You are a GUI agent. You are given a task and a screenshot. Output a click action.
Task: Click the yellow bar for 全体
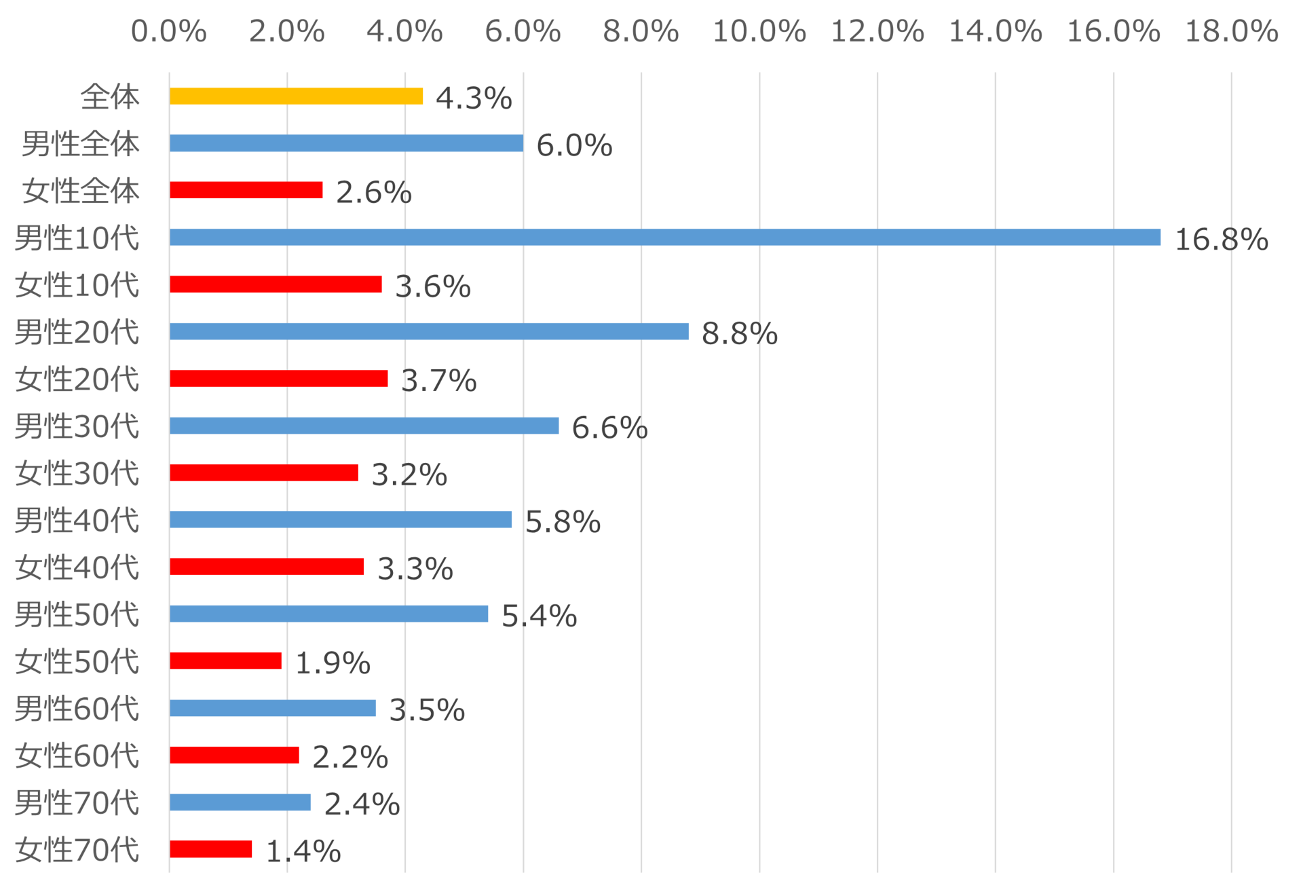click(x=296, y=96)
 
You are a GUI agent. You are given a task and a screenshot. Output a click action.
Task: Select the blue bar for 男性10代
click(x=665, y=238)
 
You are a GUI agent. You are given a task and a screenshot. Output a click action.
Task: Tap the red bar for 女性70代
click(x=211, y=849)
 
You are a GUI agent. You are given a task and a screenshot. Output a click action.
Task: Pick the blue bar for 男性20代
click(x=429, y=332)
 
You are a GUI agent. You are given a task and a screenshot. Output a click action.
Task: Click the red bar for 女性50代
click(x=225, y=660)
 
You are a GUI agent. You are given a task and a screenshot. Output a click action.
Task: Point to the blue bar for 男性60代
click(x=273, y=708)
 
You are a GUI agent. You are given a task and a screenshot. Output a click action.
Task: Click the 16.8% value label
click(x=1221, y=240)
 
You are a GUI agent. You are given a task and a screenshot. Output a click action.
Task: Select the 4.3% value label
click(x=473, y=98)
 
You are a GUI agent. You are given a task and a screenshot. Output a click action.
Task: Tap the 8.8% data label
click(x=739, y=334)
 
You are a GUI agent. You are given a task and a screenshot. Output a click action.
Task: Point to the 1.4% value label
click(x=303, y=851)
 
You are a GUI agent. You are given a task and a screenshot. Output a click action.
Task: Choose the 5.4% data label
click(x=539, y=616)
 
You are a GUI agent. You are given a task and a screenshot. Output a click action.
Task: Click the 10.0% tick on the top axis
click(x=759, y=32)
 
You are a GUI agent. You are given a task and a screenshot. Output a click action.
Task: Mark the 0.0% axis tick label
click(x=168, y=32)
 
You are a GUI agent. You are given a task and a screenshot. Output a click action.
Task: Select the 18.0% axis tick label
click(x=1231, y=32)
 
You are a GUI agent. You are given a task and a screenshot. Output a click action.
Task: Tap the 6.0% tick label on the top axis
click(x=523, y=32)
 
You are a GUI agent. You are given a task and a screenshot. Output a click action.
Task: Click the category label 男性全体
click(x=80, y=144)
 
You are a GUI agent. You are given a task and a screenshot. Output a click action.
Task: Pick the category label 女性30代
click(x=77, y=473)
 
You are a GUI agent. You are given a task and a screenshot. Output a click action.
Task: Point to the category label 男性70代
click(x=77, y=802)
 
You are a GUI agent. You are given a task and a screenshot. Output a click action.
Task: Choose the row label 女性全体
click(x=80, y=191)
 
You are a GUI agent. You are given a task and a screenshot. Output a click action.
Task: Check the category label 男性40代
click(x=77, y=521)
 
